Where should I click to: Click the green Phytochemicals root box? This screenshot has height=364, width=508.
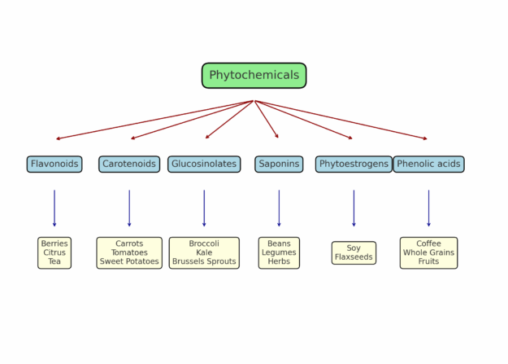pyautogui.click(x=254, y=75)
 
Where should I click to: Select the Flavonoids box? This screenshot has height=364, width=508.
pyautogui.click(x=54, y=164)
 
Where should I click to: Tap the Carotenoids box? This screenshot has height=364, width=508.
pyautogui.click(x=129, y=164)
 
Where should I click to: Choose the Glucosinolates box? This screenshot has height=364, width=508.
pyautogui.click(x=204, y=164)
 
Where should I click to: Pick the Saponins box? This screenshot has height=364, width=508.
pyautogui.click(x=279, y=164)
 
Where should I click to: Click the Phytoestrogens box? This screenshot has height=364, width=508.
pyautogui.click(x=354, y=164)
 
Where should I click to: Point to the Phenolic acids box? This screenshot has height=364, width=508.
pyautogui.click(x=428, y=164)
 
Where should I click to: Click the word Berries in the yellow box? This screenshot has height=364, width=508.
pyautogui.click(x=54, y=243)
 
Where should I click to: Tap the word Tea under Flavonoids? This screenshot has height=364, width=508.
pyautogui.click(x=54, y=261)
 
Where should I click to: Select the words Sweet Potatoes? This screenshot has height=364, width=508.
pyautogui.click(x=129, y=261)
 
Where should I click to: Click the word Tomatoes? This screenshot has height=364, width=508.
pyautogui.click(x=129, y=252)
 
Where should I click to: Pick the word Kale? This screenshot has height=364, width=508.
pyautogui.click(x=204, y=252)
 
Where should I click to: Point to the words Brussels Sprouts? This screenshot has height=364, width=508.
pyautogui.click(x=204, y=261)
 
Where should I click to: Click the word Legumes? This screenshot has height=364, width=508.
pyautogui.click(x=279, y=252)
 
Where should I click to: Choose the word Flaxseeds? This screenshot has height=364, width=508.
pyautogui.click(x=354, y=257)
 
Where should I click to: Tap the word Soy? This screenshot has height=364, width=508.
pyautogui.click(x=354, y=248)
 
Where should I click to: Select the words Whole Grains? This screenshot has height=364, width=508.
pyautogui.click(x=428, y=252)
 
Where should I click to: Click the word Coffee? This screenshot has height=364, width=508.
pyautogui.click(x=428, y=243)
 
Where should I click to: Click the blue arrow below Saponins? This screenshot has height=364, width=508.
pyautogui.click(x=279, y=208)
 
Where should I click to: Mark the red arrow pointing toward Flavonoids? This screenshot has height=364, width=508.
pyautogui.click(x=154, y=120)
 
